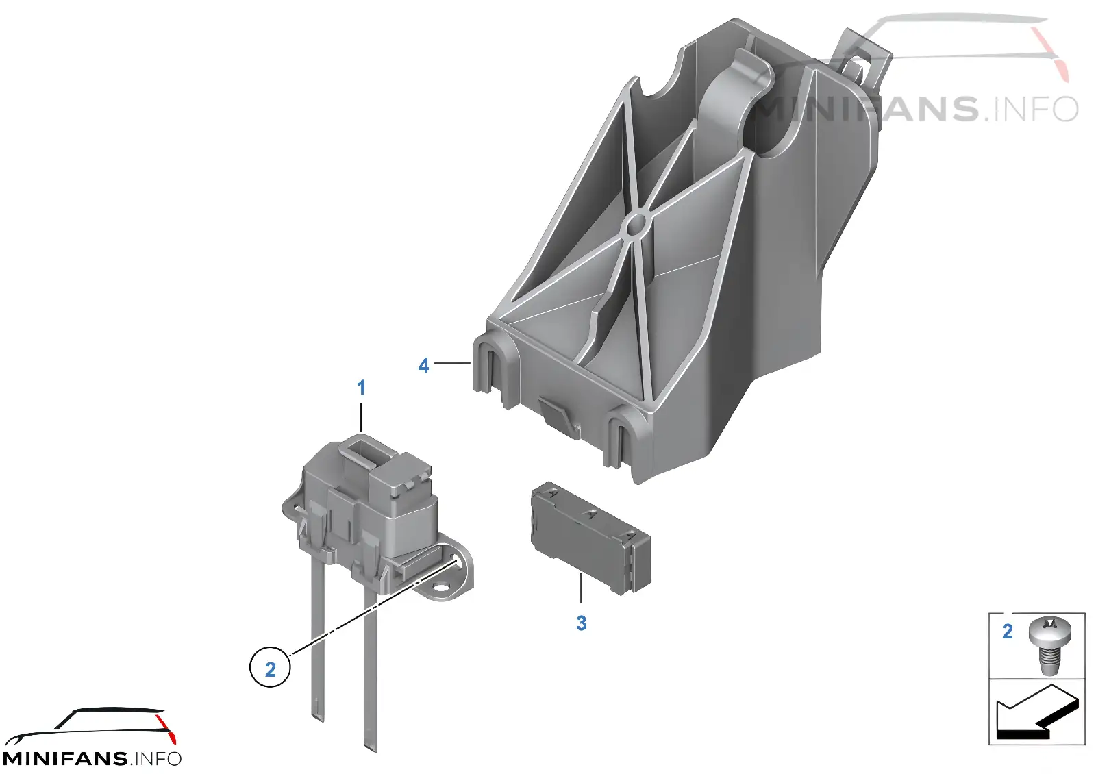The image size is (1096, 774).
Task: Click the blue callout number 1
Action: (x=361, y=388)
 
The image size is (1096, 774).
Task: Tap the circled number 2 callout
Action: (x=270, y=666)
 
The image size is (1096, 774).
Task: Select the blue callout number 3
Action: (x=581, y=623)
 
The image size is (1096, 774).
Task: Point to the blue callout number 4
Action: (x=424, y=366)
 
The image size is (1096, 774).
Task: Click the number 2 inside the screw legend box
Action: (x=1007, y=632)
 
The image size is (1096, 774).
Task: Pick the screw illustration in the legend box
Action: (x=1050, y=645)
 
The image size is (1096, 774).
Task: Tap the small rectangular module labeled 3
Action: (x=590, y=538)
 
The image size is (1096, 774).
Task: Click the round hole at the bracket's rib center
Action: (x=636, y=225)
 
